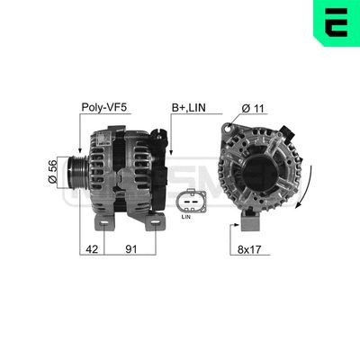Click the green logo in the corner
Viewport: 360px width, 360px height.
click(x=337, y=22)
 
